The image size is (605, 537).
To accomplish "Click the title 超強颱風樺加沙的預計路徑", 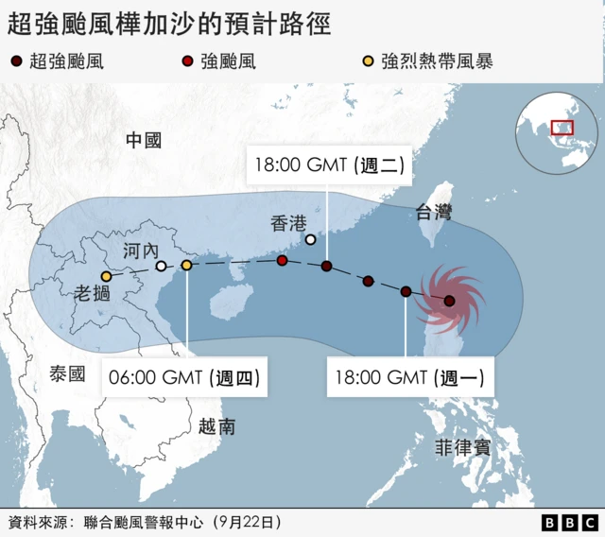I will coord(169,24).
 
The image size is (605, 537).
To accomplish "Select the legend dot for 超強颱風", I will coord(17,63).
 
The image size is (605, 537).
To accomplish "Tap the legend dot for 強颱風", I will coord(187,63).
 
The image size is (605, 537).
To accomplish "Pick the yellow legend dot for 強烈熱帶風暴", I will coord(367,63).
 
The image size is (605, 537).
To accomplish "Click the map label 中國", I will coord(144,141).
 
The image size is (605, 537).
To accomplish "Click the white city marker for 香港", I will coord(310,239).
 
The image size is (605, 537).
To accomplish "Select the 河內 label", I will coord(142,251).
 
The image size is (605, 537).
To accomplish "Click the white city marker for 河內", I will coord(162,267).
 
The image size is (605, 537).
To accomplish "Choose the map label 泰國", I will coord(68,374).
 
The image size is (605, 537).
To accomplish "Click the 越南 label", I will coord(216,426).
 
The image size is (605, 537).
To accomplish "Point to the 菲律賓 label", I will coord(462,447).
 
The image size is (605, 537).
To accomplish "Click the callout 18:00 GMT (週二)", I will coord(329,165).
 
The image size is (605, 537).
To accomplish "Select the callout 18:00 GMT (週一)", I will coord(409,379).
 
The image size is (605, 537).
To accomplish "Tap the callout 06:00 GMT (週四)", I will coord(184,379).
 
